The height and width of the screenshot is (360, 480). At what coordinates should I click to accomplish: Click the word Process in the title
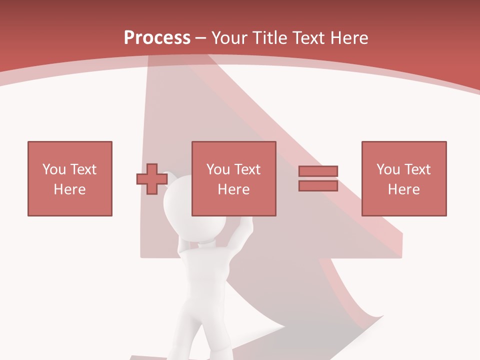157,38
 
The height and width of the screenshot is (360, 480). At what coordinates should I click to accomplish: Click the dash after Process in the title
201,38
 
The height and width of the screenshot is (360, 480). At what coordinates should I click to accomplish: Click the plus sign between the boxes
152,179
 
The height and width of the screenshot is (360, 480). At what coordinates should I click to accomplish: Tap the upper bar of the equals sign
318,171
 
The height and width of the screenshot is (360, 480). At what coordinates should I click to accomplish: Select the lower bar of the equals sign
318,186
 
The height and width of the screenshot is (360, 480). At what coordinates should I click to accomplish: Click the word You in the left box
54,169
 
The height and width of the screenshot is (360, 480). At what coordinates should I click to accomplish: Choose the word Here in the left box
69,189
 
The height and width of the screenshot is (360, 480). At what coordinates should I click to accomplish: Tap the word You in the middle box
218,169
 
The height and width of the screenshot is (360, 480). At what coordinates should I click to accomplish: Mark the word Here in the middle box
233,189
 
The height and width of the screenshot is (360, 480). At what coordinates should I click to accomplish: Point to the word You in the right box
388,169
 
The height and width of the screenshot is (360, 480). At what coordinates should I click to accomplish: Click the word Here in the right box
403,189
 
